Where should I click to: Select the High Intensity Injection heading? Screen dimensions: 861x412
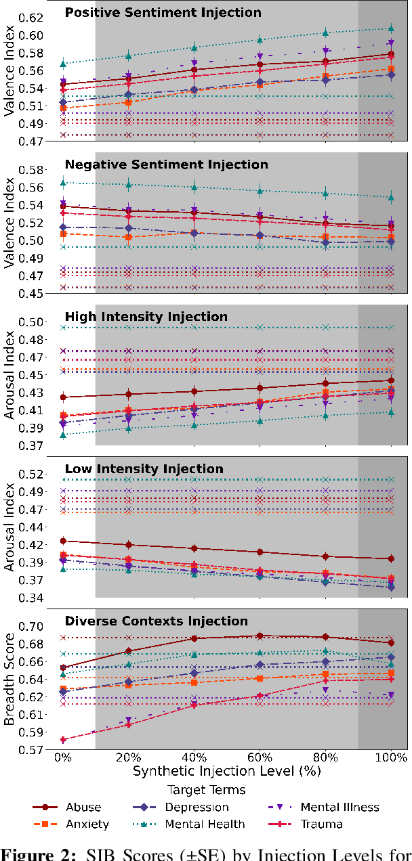coord(146,317)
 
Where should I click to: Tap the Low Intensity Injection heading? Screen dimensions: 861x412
coord(144,469)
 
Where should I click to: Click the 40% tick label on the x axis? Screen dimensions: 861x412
coord(194,756)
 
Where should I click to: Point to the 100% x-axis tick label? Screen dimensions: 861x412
coord(391,756)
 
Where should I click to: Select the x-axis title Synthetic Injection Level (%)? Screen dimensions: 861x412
coord(226,770)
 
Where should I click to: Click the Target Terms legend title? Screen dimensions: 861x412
coord(207,789)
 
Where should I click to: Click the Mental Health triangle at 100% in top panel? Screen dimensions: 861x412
coord(391,28)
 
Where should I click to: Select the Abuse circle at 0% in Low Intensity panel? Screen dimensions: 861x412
coord(63,541)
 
